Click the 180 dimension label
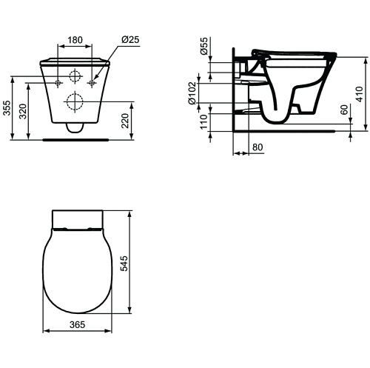coord(75,40)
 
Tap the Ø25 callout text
coord(130,39)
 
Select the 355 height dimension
coord(7,107)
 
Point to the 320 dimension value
coord(23,111)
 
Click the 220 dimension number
coord(125,121)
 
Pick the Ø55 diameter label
coord(204,47)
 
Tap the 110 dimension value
coord(203,121)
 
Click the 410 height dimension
coord(360,94)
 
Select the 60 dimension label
coord(344,110)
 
